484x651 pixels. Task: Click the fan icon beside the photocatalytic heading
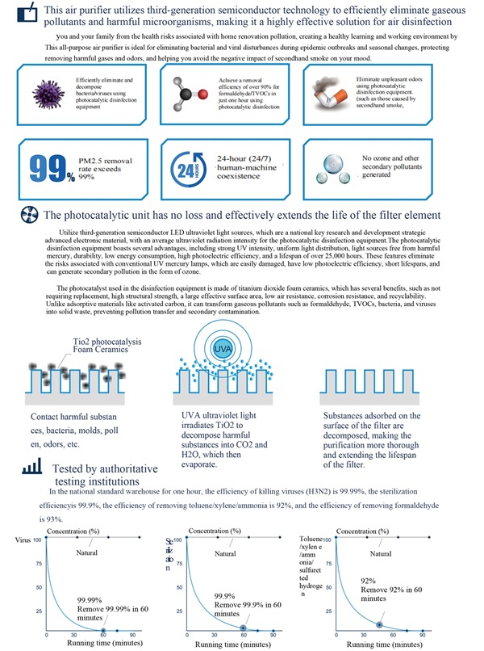pyautogui.click(x=27, y=214)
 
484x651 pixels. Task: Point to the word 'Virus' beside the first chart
pyautogui.click(x=23, y=540)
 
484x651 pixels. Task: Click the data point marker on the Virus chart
pyautogui.click(x=106, y=629)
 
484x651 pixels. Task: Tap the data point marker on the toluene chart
pyautogui.click(x=379, y=624)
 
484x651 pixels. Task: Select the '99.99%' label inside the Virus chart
pyautogui.click(x=90, y=600)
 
